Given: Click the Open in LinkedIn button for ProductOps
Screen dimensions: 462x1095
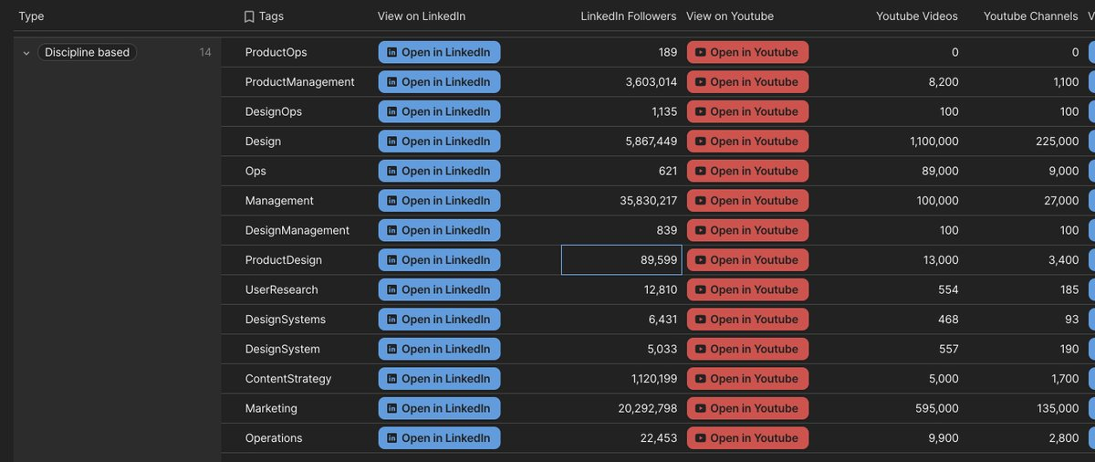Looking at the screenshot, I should [x=439, y=52].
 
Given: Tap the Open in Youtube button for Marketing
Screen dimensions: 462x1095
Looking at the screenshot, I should [x=747, y=408].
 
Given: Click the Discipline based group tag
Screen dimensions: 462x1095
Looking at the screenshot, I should [x=88, y=52].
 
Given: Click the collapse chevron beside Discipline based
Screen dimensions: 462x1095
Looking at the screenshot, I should [x=26, y=53].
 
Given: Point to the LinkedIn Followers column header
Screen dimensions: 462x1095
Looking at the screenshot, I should [x=628, y=16].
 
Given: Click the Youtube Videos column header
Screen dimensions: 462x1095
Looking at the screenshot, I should [x=916, y=16].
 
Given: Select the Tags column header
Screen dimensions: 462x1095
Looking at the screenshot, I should [x=270, y=16].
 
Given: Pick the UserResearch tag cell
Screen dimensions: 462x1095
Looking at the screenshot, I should [x=281, y=289].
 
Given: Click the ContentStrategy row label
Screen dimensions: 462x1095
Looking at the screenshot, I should [x=287, y=379].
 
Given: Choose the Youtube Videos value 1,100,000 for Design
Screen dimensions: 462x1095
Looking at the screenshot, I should [x=933, y=142].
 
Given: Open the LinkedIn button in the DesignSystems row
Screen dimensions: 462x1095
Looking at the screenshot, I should [x=439, y=320].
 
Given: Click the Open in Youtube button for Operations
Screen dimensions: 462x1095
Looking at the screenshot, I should [x=747, y=438].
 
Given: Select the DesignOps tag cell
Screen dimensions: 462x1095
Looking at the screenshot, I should [x=273, y=111].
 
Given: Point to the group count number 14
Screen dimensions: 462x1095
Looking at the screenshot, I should [x=205, y=52].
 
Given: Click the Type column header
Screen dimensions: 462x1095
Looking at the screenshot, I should [x=31, y=16].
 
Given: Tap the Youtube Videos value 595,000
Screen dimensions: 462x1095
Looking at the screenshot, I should [x=937, y=408].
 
